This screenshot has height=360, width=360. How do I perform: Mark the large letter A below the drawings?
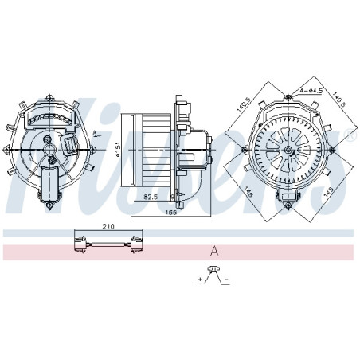[x=213, y=250]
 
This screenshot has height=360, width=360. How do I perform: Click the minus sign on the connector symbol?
[x=228, y=279]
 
